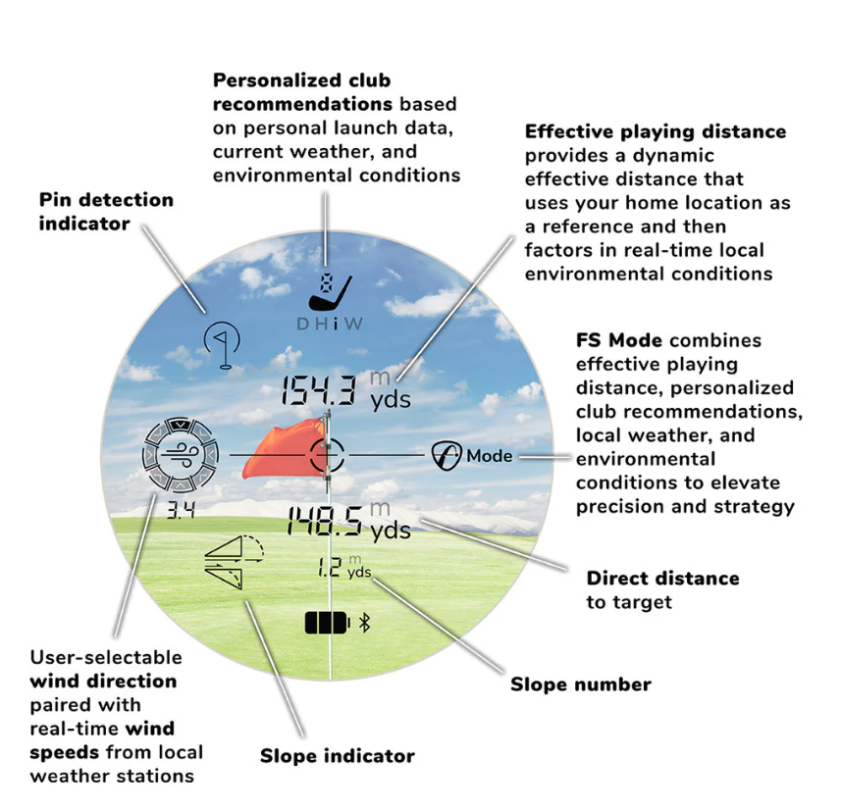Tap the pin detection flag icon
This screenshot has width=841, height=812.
click(x=223, y=344)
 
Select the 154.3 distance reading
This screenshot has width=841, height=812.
click(x=319, y=389)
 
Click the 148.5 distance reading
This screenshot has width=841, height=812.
click(x=325, y=521)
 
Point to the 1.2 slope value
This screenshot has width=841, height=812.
click(x=330, y=567)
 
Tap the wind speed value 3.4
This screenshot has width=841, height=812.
click(x=181, y=511)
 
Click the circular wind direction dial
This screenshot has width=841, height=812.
click(x=181, y=455)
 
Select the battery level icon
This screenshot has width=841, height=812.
click(x=327, y=623)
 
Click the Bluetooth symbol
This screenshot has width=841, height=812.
click(x=365, y=623)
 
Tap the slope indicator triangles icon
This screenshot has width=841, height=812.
click(x=234, y=562)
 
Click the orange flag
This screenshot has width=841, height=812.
click(x=284, y=449)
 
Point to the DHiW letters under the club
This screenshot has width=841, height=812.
click(x=330, y=325)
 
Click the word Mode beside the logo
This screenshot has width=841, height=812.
click(x=489, y=456)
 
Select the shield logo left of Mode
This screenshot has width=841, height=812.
click(x=447, y=456)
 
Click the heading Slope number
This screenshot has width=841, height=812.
click(x=581, y=685)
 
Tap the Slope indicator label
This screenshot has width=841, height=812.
click(x=338, y=756)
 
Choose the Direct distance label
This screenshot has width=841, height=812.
click(x=663, y=579)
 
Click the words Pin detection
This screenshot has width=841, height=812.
click(x=106, y=200)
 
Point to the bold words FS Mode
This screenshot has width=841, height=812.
click(x=619, y=340)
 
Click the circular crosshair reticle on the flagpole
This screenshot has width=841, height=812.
click(x=327, y=454)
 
